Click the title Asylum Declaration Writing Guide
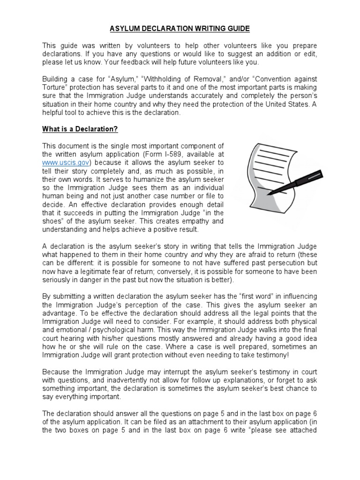pyautogui.click(x=180, y=29)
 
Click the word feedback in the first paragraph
pyautogui.click(x=147, y=62)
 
